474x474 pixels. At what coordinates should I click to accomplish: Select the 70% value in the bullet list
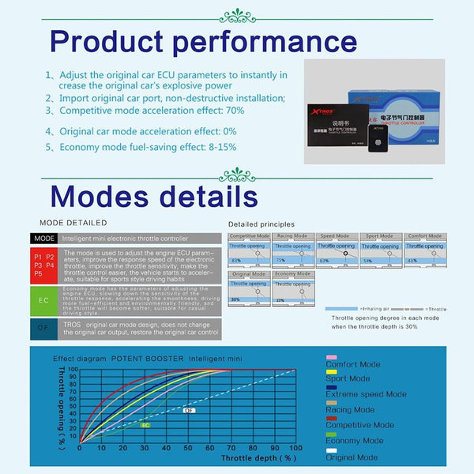pos(234,111)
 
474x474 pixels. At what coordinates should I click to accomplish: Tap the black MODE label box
pos(44,237)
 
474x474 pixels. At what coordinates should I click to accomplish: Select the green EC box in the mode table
pos(44,301)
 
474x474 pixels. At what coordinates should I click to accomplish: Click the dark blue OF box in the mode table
pos(44,329)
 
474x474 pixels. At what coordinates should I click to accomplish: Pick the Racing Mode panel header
pos(293,236)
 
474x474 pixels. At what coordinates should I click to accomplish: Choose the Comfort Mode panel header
pos(425,236)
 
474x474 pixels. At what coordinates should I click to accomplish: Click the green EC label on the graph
pos(145,425)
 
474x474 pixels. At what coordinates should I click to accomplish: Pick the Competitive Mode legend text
pos(360,425)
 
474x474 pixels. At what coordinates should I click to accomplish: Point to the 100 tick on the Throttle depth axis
pos(295,448)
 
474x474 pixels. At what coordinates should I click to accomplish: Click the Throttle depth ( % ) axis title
pos(258,458)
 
